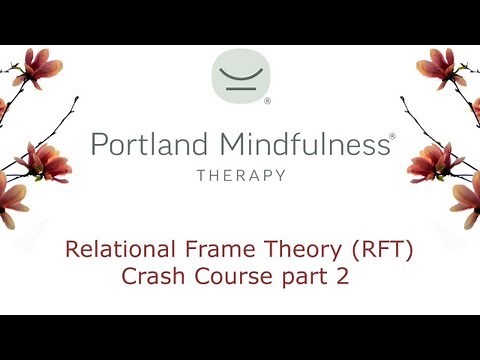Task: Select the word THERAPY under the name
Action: click(240, 175)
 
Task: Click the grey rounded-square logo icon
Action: click(240, 75)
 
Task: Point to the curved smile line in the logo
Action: click(240, 70)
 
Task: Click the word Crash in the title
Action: click(153, 276)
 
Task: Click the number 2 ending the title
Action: click(342, 276)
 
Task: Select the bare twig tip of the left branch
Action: click(77, 98)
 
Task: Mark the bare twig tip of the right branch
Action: click(401, 98)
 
